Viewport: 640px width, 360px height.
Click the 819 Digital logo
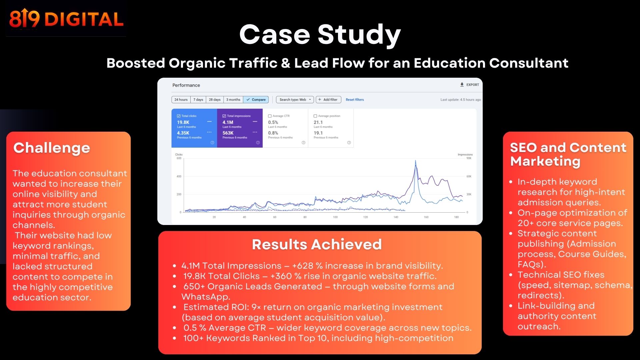pyautogui.click(x=66, y=19)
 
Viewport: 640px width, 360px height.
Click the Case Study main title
pyautogui.click(x=320, y=34)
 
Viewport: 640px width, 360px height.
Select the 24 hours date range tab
pyautogui.click(x=181, y=100)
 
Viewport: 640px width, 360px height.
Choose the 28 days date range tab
pyautogui.click(x=215, y=100)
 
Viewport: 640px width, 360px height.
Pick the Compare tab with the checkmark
pyautogui.click(x=256, y=100)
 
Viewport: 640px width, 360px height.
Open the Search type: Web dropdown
pyautogui.click(x=295, y=100)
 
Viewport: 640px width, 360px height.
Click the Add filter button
pyautogui.click(x=328, y=100)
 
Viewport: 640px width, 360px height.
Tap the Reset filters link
pyautogui.click(x=355, y=100)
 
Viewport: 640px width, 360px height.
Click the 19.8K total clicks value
pyautogui.click(x=183, y=122)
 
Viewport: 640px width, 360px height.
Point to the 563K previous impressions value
pyautogui.click(x=228, y=133)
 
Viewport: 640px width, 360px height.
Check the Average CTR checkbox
pyautogui.click(x=270, y=116)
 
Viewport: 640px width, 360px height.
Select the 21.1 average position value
pyautogui.click(x=318, y=122)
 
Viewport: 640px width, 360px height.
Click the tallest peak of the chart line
pyautogui.click(x=415, y=161)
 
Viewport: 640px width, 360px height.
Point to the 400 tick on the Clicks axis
pyautogui.click(x=179, y=176)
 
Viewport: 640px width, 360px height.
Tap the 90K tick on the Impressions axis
pyautogui.click(x=469, y=158)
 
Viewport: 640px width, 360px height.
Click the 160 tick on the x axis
pyautogui.click(x=426, y=217)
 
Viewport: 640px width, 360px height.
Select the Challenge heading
pyautogui.click(x=52, y=148)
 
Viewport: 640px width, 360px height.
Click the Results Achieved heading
pyautogui.click(x=317, y=244)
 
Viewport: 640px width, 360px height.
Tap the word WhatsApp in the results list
pyautogui.click(x=205, y=297)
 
